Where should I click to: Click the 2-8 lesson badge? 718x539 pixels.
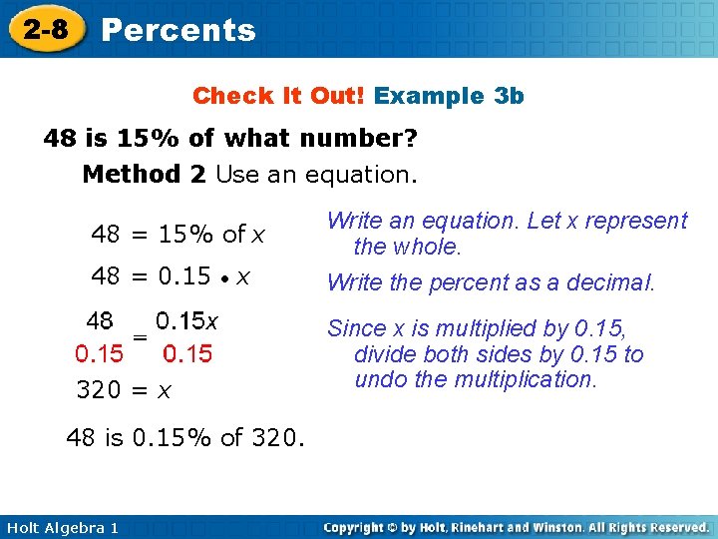(46, 29)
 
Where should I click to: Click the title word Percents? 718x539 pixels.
(179, 30)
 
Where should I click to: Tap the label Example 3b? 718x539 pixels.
(449, 96)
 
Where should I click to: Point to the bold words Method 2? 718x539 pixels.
(145, 175)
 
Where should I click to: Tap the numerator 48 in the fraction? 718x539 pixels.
(100, 321)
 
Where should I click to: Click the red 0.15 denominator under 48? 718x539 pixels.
(100, 353)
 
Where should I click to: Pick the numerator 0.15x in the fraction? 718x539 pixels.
(187, 321)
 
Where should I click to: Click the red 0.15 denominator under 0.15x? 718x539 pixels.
(187, 353)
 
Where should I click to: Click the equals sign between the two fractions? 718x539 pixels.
(141, 339)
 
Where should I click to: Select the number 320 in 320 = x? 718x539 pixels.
(98, 392)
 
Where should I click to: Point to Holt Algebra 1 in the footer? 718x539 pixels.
(60, 527)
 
